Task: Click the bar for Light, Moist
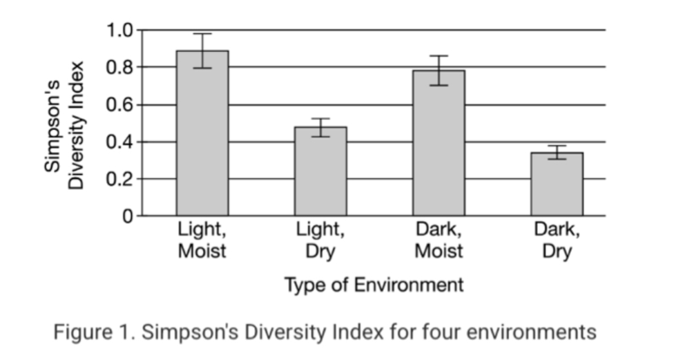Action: point(202,138)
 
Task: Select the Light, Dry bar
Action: point(320,173)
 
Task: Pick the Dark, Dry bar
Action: point(557,185)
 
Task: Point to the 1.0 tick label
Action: point(119,30)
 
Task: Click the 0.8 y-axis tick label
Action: point(119,68)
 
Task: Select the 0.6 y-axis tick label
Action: point(119,105)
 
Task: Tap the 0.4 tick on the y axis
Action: point(119,142)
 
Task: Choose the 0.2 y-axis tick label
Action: point(119,179)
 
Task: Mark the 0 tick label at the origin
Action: point(128,216)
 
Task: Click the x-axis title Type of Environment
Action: point(374,285)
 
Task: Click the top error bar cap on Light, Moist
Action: point(202,34)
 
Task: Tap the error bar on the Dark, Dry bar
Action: point(557,152)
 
